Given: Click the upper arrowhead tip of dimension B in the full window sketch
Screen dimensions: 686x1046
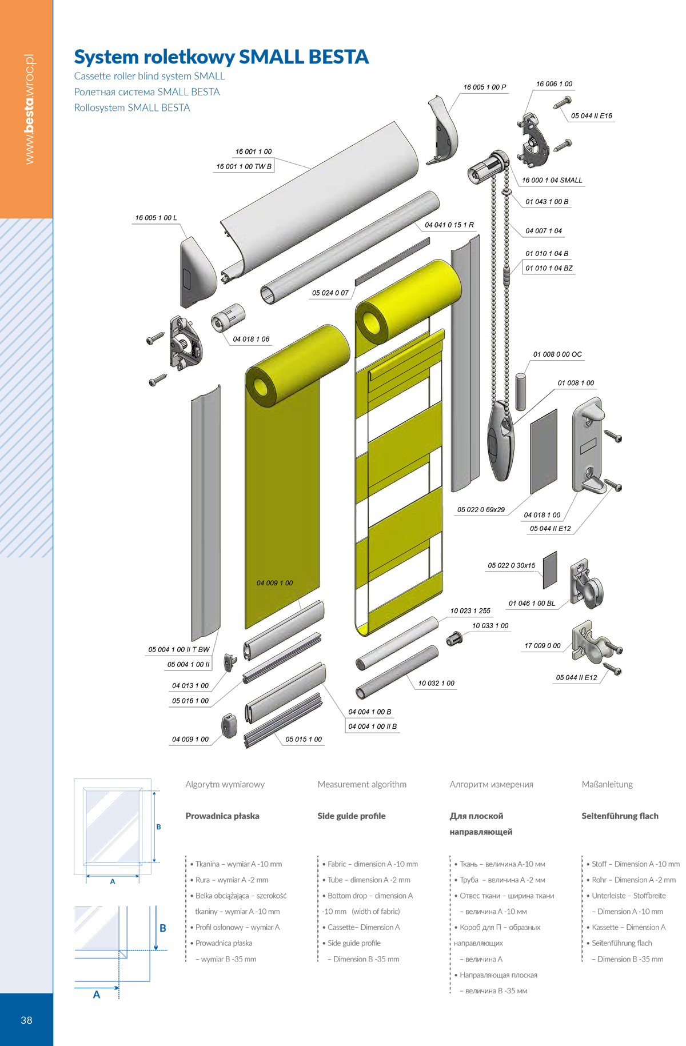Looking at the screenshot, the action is [154, 792].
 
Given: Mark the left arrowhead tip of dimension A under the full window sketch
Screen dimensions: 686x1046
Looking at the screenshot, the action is [86, 875].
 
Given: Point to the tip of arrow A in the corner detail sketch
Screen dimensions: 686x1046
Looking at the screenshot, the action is [119, 987].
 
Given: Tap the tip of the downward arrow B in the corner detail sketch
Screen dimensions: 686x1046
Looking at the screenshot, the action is [156, 950].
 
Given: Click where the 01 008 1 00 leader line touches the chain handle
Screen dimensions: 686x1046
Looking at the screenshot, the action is [513, 424].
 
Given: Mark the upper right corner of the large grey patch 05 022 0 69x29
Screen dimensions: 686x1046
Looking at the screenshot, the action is [557, 409].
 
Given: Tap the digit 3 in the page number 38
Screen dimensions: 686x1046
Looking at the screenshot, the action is [23, 1020].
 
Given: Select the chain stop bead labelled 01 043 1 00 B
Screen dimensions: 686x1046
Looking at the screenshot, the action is [505, 193].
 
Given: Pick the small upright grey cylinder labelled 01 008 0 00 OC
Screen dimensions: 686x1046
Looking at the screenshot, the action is [521, 392].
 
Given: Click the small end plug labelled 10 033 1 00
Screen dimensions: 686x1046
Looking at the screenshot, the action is [454, 638].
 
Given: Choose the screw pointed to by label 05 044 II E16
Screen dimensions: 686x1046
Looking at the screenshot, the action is [563, 102].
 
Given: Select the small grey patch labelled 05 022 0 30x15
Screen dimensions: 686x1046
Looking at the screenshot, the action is [549, 570].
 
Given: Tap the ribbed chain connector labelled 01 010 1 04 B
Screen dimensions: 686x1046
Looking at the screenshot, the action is [506, 276].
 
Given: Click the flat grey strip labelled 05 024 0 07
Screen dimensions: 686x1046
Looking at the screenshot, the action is [392, 262].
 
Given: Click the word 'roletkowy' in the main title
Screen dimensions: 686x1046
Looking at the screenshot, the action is [189, 57].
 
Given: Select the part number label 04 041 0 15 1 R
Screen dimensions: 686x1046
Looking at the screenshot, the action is [449, 225].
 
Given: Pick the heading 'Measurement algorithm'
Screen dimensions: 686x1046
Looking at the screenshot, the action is [362, 784].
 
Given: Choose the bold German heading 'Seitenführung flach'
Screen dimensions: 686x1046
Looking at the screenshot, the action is [620, 816].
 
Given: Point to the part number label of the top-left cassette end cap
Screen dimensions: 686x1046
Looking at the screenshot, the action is [156, 218].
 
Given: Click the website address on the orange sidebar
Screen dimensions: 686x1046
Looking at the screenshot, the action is [29, 109].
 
